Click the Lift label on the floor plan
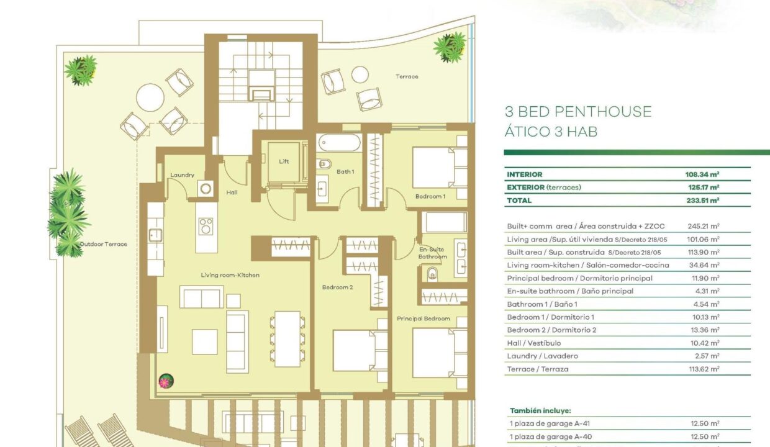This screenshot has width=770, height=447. click(284, 161)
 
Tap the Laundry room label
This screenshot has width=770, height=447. click(182, 175)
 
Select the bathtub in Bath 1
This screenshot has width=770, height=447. click(339, 143)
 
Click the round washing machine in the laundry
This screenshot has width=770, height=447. click(206, 188)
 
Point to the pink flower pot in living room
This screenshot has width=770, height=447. click(166, 381)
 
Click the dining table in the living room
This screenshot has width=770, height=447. click(288, 339)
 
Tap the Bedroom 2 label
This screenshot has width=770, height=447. click(338, 287)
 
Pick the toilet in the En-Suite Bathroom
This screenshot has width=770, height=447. click(432, 274)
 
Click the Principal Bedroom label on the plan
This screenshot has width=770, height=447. click(423, 318)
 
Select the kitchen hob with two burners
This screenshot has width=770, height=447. click(206, 227)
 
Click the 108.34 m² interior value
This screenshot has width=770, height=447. click(702, 174)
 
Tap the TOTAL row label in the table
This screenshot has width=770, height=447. click(519, 201)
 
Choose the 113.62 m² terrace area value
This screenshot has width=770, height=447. click(704, 369)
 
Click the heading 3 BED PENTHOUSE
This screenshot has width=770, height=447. click(578, 112)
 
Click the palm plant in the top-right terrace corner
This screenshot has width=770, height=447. click(450, 47)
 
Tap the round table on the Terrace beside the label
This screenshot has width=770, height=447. click(360, 74)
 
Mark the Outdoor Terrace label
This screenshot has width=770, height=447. click(104, 244)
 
